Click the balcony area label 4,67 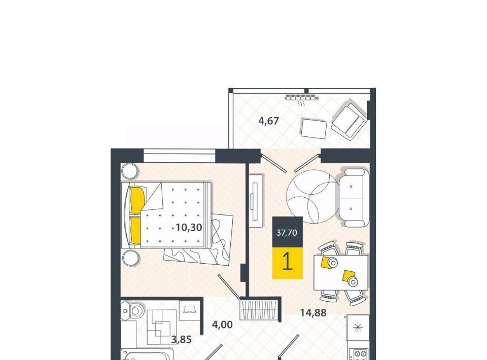tap(269, 120)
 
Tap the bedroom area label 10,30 tap(189, 228)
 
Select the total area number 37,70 tap(287, 232)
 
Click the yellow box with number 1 tap(287, 263)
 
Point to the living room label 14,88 tap(313, 313)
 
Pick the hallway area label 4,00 tap(222, 325)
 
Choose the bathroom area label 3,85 tap(182, 340)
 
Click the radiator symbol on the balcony tap(301, 99)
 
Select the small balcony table tap(314, 129)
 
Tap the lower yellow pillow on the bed tap(136, 230)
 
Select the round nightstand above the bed tap(129, 171)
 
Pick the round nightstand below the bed tap(131, 258)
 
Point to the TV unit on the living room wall tap(256, 201)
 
